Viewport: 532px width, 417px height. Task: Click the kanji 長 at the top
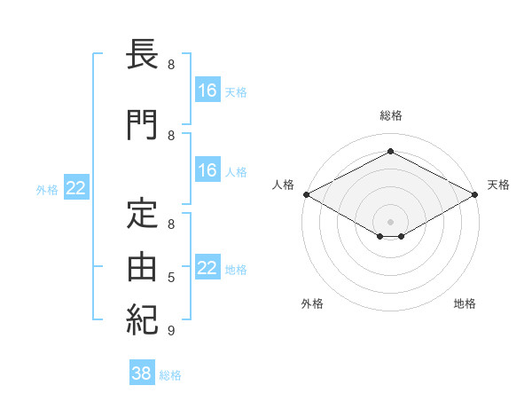(x=142, y=54)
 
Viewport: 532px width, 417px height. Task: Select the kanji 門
(x=142, y=125)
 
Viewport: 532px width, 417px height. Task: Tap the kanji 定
(x=142, y=213)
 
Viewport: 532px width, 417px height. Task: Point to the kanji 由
(x=142, y=266)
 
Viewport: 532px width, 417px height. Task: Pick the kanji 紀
(x=142, y=319)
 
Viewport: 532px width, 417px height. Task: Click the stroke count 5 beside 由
(x=171, y=278)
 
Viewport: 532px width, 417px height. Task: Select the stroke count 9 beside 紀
(x=171, y=330)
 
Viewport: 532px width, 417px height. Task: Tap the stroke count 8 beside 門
(x=171, y=136)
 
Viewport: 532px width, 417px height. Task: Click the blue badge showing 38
(x=142, y=372)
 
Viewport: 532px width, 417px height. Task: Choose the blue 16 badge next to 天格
(x=207, y=90)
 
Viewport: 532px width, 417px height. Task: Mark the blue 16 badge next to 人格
(x=207, y=169)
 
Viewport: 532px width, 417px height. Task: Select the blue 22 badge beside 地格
(x=207, y=266)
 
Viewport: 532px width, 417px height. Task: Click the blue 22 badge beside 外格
(x=76, y=187)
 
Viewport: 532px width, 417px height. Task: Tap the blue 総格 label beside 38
(x=170, y=375)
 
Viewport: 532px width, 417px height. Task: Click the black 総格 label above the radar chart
(x=391, y=115)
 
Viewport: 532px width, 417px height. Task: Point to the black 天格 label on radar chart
(x=498, y=185)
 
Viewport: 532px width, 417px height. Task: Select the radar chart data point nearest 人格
(x=307, y=194)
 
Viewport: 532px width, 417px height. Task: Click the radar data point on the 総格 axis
(x=390, y=151)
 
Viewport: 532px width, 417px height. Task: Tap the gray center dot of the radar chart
(x=390, y=222)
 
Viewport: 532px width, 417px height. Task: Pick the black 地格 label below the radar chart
(x=465, y=303)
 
